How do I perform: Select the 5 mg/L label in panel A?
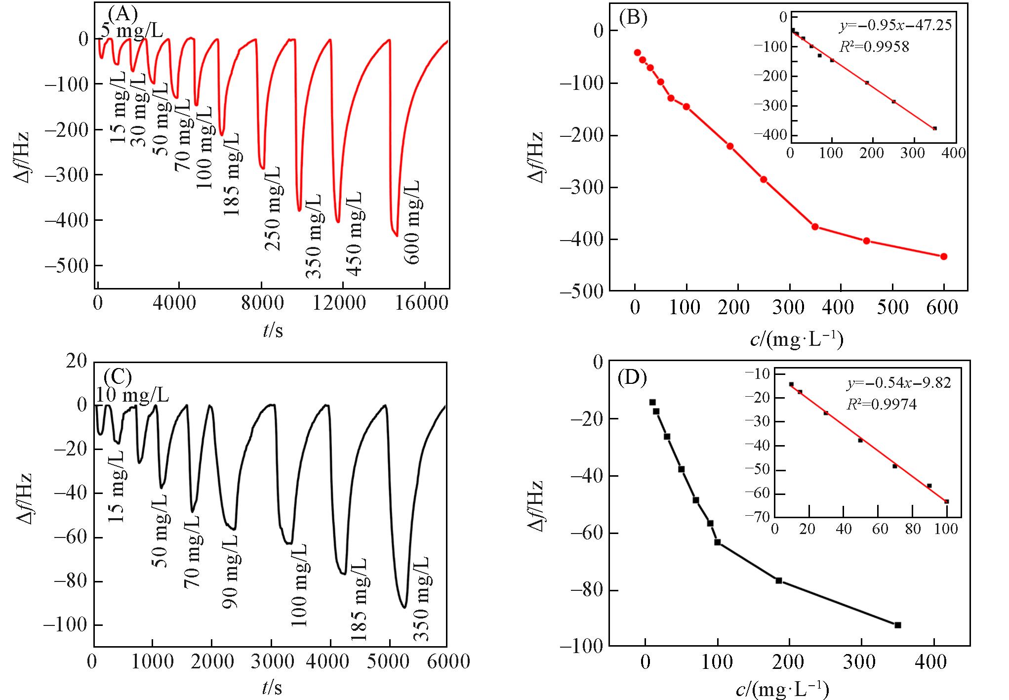[132, 31]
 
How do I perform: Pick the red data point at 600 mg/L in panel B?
[944, 256]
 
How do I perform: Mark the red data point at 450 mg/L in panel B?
[866, 241]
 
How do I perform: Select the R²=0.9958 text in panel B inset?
[874, 47]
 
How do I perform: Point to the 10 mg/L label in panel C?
[132, 395]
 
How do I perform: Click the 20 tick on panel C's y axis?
[77, 361]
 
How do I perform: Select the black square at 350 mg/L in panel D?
[898, 625]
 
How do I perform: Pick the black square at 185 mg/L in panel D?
[779, 580]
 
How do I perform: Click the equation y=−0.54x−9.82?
[899, 383]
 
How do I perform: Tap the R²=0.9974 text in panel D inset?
[882, 405]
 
